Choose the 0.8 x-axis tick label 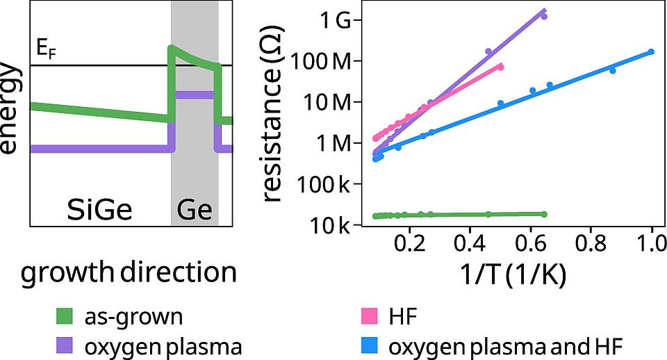tap(591, 244)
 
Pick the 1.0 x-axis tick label tap(652, 244)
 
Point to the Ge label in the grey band tap(195, 208)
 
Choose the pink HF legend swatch tap(364, 318)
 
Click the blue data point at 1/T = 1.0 tap(651, 51)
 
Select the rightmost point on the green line tap(544, 214)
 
